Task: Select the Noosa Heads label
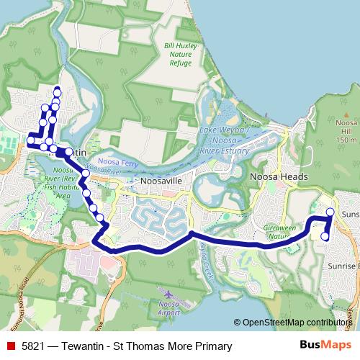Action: pos(279,176)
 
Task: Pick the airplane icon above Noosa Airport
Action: pos(168,294)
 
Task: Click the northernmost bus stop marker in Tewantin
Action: pos(57,91)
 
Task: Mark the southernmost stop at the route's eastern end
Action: pos(325,236)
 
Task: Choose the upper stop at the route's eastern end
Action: pos(330,212)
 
